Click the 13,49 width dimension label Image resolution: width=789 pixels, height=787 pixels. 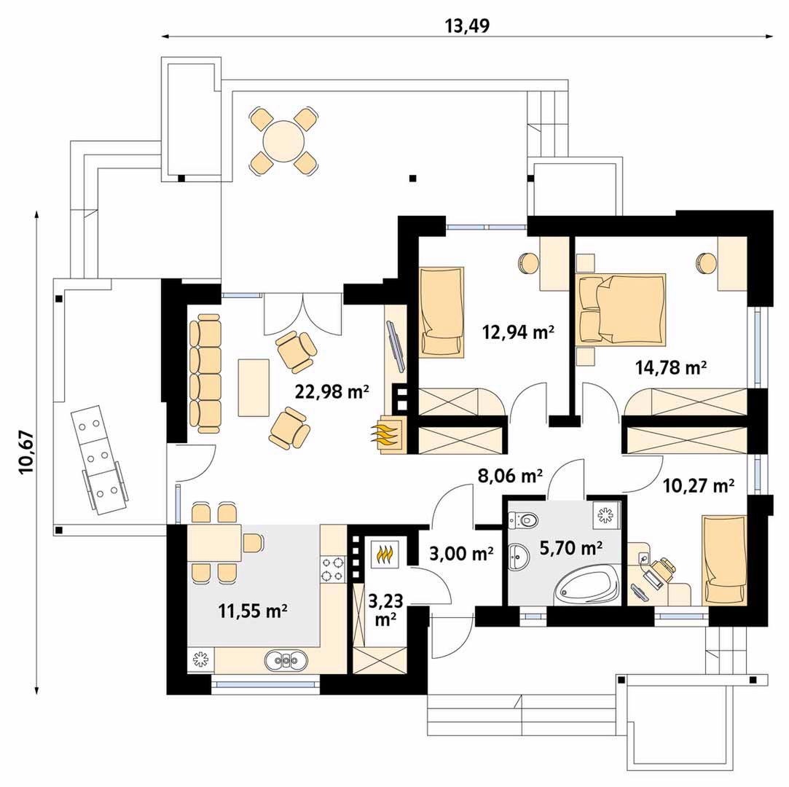tap(467, 26)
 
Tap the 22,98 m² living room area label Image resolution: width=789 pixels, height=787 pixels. tap(332, 391)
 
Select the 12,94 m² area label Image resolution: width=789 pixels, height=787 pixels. tap(518, 332)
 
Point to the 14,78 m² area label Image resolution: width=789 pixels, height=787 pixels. tap(671, 367)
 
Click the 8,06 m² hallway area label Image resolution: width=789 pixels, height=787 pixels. tap(510, 475)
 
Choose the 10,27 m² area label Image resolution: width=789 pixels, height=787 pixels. tap(698, 485)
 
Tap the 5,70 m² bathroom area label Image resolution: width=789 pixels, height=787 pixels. tap(571, 547)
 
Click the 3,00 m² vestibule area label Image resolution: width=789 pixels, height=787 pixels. tap(461, 554)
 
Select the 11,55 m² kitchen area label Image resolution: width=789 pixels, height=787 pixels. tap(253, 611)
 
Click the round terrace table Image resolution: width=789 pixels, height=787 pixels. tap(284, 141)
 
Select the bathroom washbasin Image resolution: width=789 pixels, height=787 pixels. tap(518, 558)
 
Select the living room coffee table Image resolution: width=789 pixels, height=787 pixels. tap(253, 388)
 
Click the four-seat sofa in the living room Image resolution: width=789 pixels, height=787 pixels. tap(205, 373)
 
